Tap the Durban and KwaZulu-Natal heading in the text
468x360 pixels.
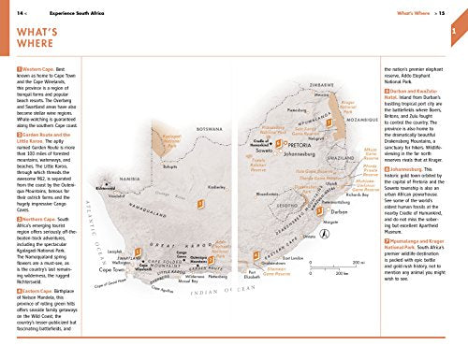pos(417,92)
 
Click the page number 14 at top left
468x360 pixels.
pos(19,14)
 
